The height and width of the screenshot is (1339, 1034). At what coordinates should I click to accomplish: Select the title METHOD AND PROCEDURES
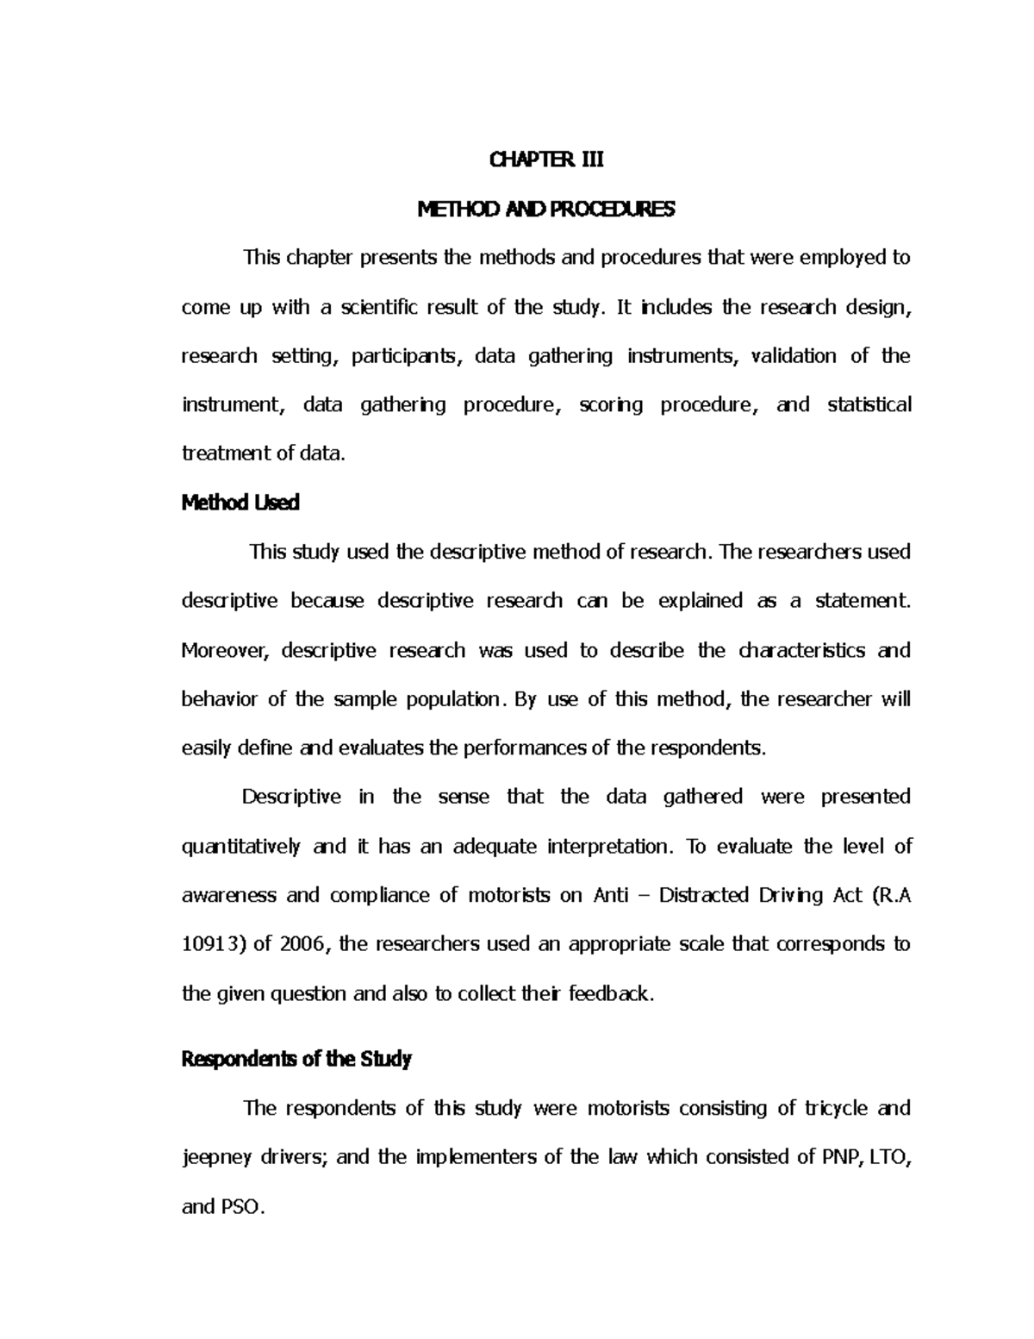[546, 209]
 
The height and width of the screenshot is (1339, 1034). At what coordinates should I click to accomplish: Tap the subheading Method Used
[240, 503]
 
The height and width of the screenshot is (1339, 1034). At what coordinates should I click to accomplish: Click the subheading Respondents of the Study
[296, 1059]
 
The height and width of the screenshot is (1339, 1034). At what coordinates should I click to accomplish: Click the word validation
[794, 356]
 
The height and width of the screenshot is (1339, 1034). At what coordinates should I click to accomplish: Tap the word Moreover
[225, 650]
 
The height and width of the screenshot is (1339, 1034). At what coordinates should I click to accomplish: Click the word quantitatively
[241, 847]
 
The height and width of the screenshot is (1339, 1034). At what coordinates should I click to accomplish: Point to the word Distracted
[704, 895]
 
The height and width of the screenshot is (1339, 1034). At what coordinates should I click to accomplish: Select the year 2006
[303, 944]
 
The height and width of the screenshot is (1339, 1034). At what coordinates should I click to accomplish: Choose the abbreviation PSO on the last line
[245, 1206]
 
